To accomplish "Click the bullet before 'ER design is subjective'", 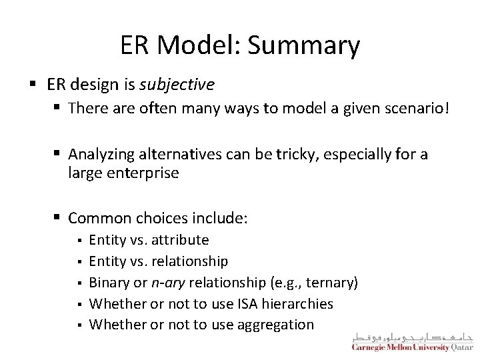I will (x=33, y=85).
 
